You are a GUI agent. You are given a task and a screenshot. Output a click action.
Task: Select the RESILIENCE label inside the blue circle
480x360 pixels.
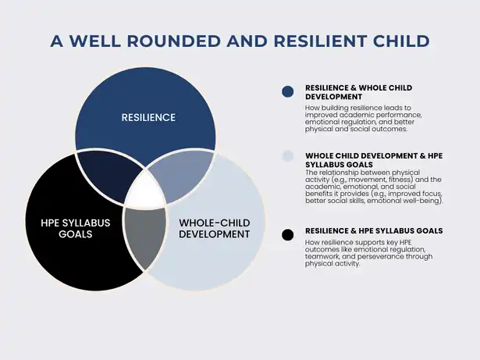(148, 118)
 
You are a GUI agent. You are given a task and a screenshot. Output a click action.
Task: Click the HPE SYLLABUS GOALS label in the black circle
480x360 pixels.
(76, 228)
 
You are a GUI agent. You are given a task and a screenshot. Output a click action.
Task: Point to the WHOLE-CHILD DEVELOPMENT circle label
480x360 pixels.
(215, 228)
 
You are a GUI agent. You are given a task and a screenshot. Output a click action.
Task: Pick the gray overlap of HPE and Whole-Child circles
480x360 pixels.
(145, 236)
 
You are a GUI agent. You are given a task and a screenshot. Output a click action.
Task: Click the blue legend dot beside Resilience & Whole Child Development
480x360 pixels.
(288, 91)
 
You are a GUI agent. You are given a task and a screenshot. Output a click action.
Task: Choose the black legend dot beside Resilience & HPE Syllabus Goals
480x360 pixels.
(288, 235)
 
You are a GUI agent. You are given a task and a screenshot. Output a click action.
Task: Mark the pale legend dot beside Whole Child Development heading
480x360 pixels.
(288, 156)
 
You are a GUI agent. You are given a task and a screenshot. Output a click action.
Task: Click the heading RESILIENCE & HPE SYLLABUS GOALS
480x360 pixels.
(374, 230)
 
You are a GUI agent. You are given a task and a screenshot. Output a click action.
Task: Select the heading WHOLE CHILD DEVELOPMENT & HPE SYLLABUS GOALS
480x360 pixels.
(374, 160)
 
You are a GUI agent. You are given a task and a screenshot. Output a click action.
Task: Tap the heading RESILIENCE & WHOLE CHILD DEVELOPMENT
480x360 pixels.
(358, 92)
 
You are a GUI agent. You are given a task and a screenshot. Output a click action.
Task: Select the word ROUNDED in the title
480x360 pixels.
(173, 41)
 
